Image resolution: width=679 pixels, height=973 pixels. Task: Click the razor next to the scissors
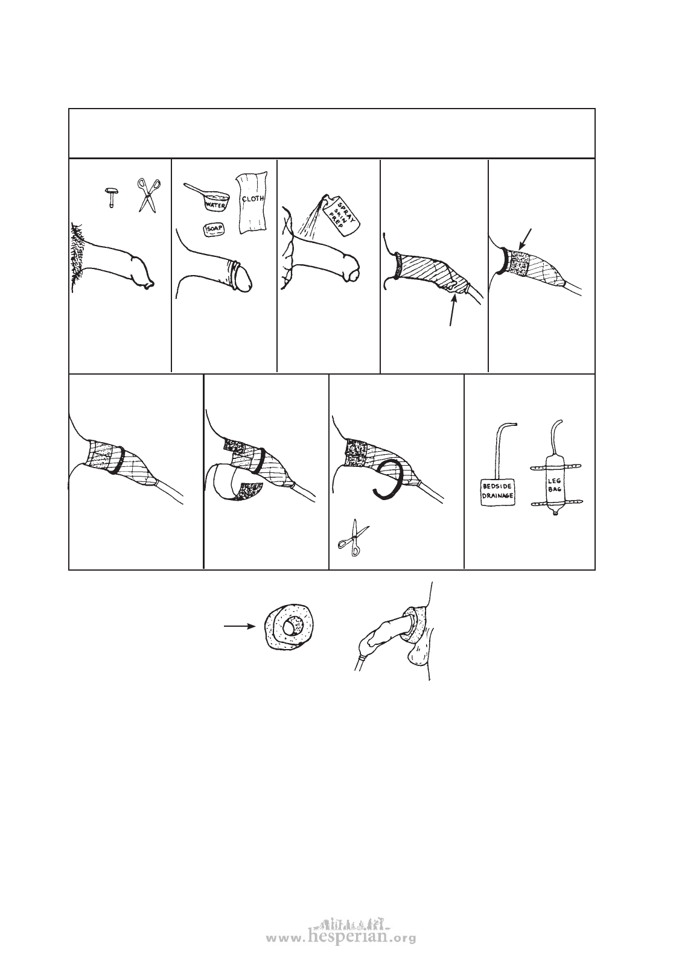[111, 198]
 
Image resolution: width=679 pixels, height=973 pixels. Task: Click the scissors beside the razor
[148, 195]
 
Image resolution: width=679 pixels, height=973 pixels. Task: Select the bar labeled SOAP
[214, 229]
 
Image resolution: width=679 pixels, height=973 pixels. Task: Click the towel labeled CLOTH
[252, 202]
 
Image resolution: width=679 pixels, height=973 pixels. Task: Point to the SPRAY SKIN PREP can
[341, 216]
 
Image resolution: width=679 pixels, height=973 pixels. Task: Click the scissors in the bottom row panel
[353, 538]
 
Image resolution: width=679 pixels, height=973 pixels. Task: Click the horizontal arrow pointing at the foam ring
[238, 626]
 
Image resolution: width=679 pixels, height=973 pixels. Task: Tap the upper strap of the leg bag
[556, 468]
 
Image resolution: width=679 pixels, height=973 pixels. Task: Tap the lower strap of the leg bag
[556, 503]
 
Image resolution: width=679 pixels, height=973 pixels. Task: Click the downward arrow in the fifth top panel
[525, 239]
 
